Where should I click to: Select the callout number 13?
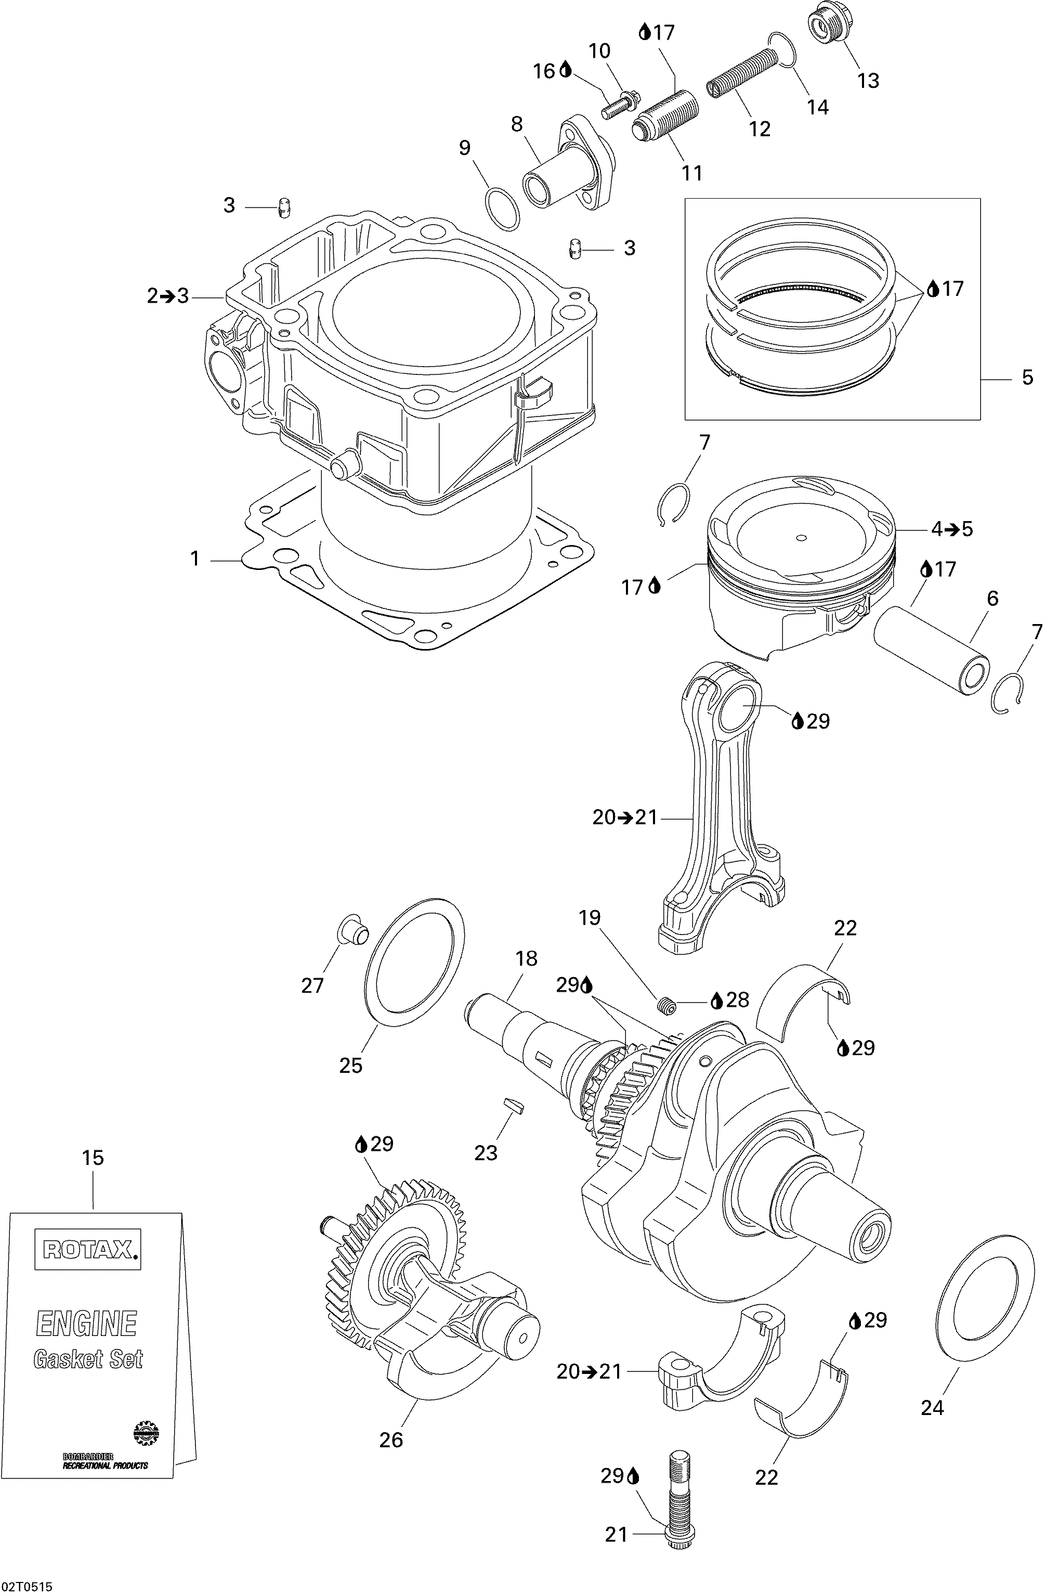click(x=868, y=81)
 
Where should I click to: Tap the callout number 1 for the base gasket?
click(x=195, y=558)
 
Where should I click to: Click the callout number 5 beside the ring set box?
click(x=1028, y=378)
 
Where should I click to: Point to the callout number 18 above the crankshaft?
click(x=526, y=959)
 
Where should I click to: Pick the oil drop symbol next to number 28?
click(x=716, y=1000)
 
